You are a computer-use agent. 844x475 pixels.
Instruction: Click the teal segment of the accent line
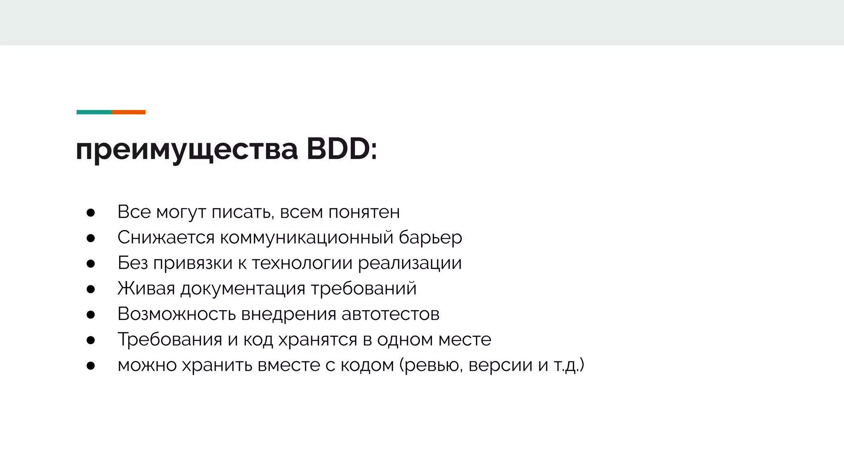point(94,112)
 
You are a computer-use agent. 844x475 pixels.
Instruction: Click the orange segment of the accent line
point(128,112)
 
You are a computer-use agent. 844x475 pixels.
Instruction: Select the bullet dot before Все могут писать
point(91,213)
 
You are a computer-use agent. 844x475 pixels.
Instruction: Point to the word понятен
point(364,212)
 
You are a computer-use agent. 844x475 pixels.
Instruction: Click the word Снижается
point(166,238)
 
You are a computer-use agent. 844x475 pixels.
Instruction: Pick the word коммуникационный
point(307,238)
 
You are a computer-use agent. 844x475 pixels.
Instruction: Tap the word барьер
point(430,238)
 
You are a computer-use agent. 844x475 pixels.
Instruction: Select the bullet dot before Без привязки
point(91,264)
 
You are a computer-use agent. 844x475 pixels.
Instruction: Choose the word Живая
point(146,289)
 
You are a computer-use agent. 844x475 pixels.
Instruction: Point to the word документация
point(243,289)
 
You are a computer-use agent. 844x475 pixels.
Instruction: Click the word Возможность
point(176,314)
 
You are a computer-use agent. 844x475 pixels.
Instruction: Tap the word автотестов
point(390,314)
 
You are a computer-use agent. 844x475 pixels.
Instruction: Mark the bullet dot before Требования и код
point(91,341)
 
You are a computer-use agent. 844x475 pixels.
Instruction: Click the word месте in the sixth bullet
point(464,340)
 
